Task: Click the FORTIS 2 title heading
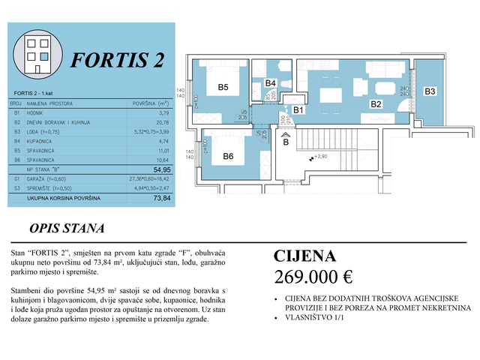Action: click(x=115, y=61)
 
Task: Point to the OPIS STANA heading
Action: click(x=66, y=228)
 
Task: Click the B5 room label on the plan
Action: click(x=223, y=88)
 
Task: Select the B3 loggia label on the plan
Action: click(x=430, y=91)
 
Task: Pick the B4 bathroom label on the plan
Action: click(x=271, y=82)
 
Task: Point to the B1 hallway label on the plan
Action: click(x=298, y=110)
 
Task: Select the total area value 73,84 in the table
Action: click(x=162, y=199)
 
